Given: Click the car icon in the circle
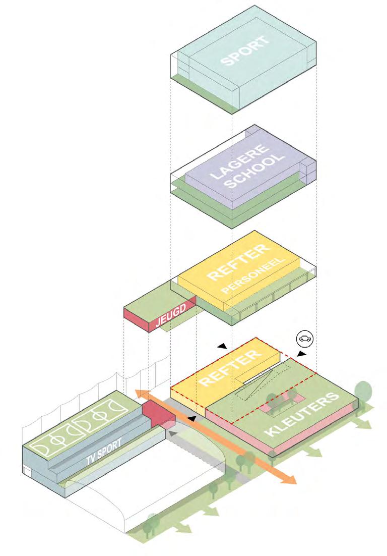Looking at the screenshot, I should tap(304, 339).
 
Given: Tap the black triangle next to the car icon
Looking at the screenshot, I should tap(301, 354).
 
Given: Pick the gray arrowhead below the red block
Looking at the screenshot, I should tap(173, 432).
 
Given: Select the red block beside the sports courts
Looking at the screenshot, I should tap(157, 415).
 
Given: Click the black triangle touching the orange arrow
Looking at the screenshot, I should tap(192, 419).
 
